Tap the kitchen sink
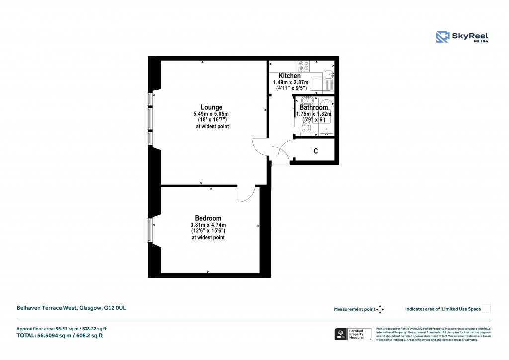pos(328,79)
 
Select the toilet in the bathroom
pos(306,129)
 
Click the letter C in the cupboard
pos(316,151)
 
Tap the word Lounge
pos(211,107)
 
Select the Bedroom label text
pos(208,218)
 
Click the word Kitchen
pos(289,76)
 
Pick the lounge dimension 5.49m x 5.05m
pos(211,114)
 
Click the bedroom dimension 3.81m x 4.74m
pos(208,225)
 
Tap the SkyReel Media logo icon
pos(442,37)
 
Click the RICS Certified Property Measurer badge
pos(352,334)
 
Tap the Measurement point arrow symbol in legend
pos(380,309)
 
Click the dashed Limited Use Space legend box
pos(487,309)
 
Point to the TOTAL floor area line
pos(60,336)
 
